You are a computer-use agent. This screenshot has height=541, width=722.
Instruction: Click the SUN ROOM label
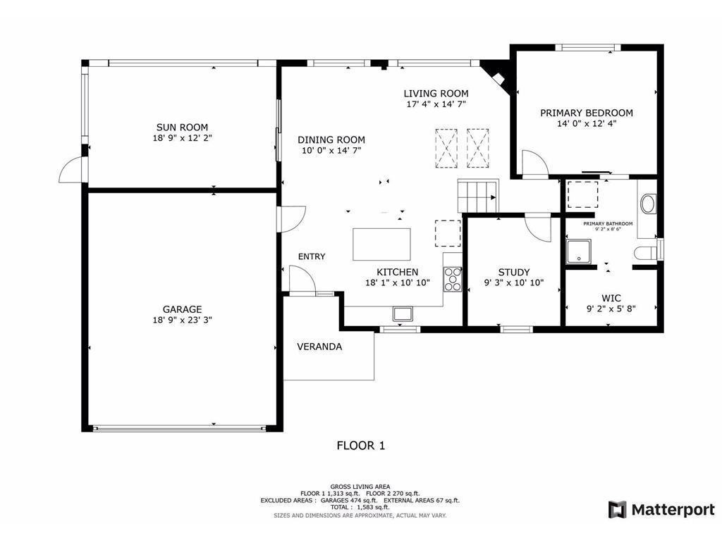[182, 128]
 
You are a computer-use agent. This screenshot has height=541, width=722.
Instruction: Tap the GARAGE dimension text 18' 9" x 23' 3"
[182, 319]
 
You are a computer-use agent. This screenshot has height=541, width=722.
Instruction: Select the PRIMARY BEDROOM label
[586, 113]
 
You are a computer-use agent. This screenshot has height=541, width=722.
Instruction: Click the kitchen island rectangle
[381, 244]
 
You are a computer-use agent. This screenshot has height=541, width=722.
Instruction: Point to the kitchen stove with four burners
[452, 280]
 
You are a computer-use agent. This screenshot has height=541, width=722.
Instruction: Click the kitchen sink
[403, 313]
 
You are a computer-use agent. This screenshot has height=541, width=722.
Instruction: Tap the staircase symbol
[477, 195]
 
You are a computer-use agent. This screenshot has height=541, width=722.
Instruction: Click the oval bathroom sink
[647, 204]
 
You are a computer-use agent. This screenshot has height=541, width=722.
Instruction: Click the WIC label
[611, 298]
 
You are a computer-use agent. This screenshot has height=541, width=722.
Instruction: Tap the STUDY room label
[513, 273]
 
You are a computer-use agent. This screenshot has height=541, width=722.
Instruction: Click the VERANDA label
[319, 347]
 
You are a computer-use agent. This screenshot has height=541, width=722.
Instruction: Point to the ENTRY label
[312, 256]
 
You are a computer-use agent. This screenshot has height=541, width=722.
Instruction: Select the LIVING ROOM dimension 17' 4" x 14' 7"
[436, 104]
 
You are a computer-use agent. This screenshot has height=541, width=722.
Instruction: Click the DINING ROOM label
[331, 140]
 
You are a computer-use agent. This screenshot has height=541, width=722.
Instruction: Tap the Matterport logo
[661, 509]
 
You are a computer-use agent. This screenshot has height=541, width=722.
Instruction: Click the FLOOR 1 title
[360, 445]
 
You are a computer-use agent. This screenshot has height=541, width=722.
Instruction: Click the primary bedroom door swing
[535, 163]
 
